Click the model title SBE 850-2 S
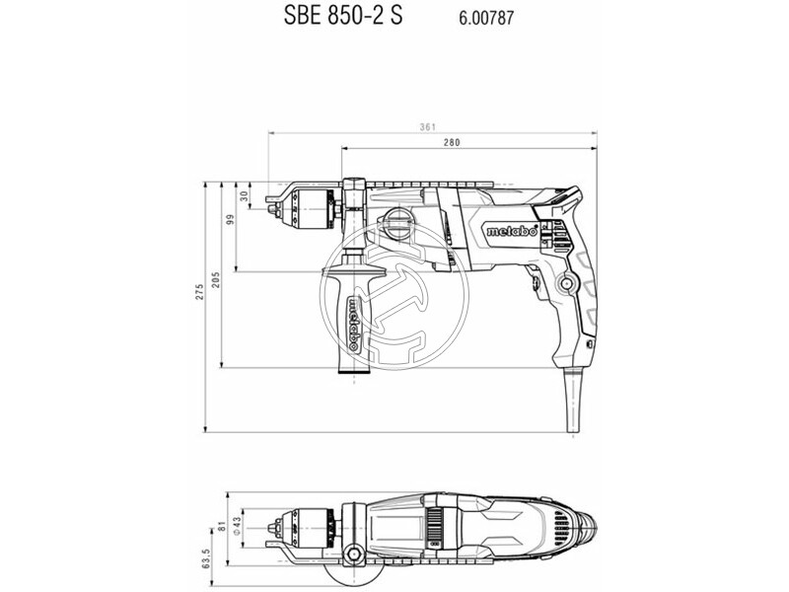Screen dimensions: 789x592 click(342, 16)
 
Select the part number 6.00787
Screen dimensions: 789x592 click(486, 18)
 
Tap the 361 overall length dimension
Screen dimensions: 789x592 click(427, 127)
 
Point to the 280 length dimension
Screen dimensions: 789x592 click(452, 142)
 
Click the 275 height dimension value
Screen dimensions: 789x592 click(200, 292)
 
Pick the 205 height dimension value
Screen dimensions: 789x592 click(216, 280)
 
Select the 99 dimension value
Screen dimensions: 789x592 click(231, 219)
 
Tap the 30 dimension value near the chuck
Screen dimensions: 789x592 click(244, 195)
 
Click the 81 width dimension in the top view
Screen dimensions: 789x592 click(222, 527)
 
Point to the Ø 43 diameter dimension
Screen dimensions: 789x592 click(238, 525)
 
